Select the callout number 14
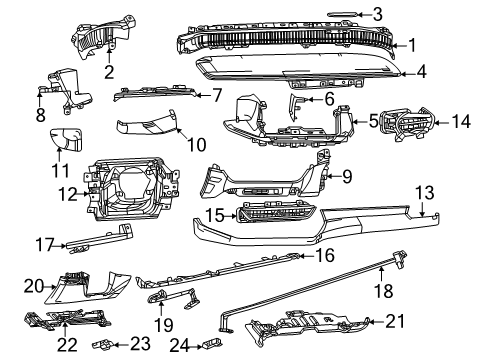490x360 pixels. (x=460, y=121)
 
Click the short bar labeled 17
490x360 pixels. (x=94, y=241)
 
